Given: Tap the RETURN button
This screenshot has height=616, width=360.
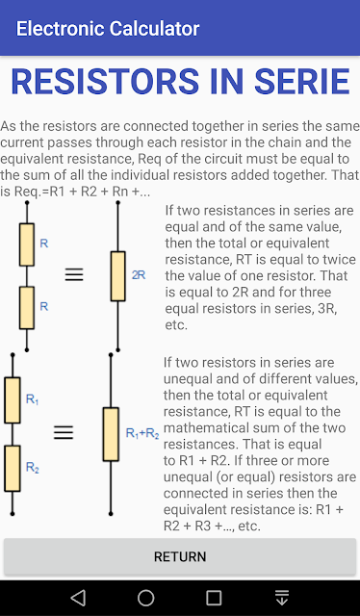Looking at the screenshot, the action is [x=180, y=556].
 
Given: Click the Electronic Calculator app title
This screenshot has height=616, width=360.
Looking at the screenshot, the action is [x=108, y=29].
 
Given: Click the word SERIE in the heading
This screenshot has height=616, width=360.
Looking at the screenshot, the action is [x=302, y=82].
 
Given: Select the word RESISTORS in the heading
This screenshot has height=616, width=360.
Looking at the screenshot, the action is [x=105, y=82].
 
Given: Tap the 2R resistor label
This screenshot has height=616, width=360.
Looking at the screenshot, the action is [x=139, y=275].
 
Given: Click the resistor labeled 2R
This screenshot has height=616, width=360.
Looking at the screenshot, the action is [x=117, y=276].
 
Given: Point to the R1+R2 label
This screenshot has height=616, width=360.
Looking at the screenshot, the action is [x=142, y=433].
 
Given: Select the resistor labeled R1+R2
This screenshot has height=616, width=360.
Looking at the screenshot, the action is [x=111, y=434].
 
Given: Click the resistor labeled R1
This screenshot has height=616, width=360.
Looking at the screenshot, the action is [x=13, y=400].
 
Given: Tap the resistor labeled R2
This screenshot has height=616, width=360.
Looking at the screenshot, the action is [x=13, y=469].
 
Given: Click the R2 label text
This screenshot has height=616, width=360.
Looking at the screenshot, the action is [x=32, y=467].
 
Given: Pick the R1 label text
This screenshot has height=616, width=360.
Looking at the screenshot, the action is [x=32, y=399].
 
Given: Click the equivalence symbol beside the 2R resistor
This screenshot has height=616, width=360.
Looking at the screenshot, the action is [x=74, y=274].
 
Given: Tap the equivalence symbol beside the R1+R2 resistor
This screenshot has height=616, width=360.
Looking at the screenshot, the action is [x=64, y=432].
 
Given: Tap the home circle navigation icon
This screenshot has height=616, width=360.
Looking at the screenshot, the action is [x=145, y=598].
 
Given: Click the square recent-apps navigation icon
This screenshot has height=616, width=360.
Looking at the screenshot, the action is [x=214, y=598].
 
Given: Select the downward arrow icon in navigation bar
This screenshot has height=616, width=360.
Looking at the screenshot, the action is [x=282, y=598].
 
